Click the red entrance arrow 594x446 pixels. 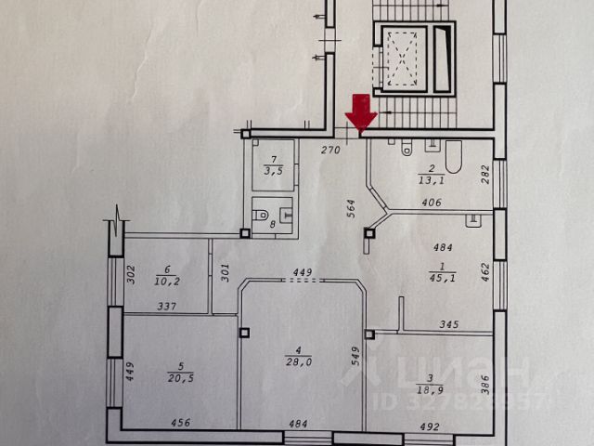click(x=360, y=112)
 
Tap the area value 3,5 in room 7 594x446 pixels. click(x=273, y=170)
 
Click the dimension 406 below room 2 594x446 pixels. click(x=430, y=203)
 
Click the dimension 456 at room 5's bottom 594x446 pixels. click(x=181, y=424)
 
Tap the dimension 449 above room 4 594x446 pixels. click(x=300, y=272)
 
